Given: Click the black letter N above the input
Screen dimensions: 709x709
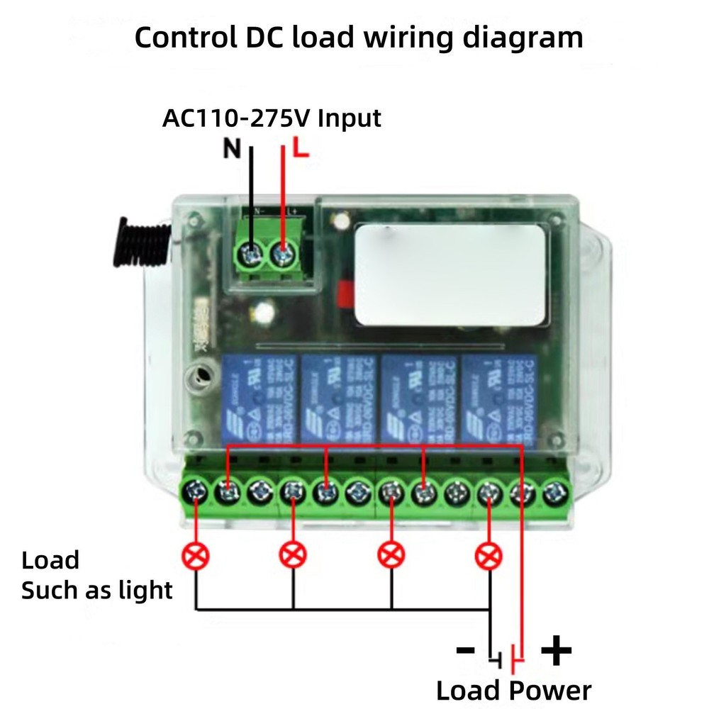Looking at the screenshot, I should tap(233, 149).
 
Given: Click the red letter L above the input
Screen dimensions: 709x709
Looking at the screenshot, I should tap(301, 149).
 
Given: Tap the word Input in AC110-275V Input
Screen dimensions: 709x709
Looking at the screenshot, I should tap(349, 117).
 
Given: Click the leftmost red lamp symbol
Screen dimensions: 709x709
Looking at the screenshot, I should tap(196, 554).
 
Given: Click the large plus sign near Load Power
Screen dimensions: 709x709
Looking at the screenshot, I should tap(556, 650).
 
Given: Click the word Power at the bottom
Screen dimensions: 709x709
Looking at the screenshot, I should tap(549, 690).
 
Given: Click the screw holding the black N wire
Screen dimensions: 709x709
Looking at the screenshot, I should tap(251, 252).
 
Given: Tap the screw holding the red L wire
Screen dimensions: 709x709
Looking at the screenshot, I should tap(284, 252).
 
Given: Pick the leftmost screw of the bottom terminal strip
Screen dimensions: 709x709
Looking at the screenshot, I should tap(194, 491).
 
